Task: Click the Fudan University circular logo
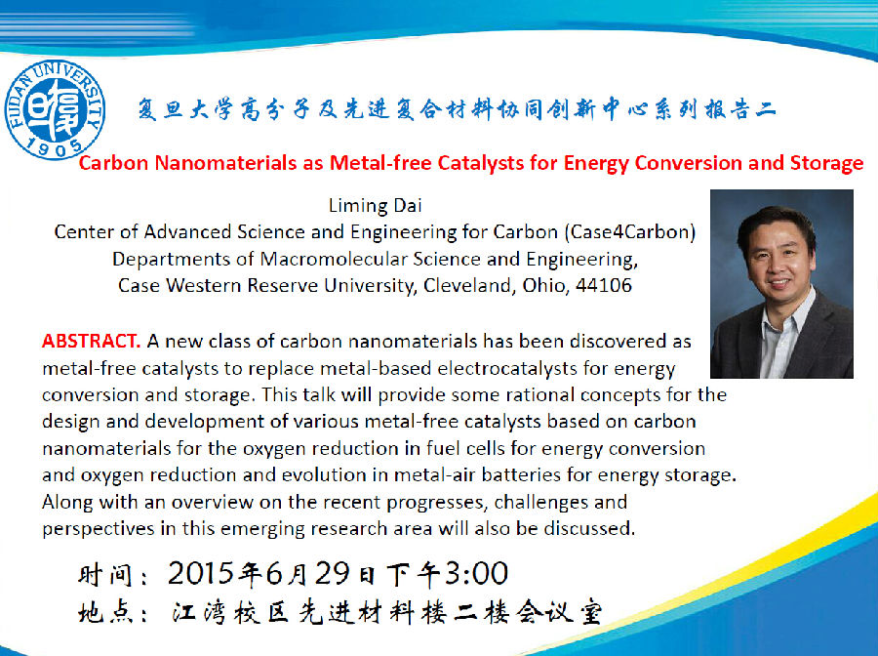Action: (55, 109)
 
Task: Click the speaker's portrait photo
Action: (781, 284)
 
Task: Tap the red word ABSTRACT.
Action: (91, 341)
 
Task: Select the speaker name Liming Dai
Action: (375, 206)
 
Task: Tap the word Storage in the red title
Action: (826, 164)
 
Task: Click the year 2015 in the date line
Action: (201, 573)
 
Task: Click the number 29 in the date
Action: (332, 573)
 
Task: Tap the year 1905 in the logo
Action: (54, 148)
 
